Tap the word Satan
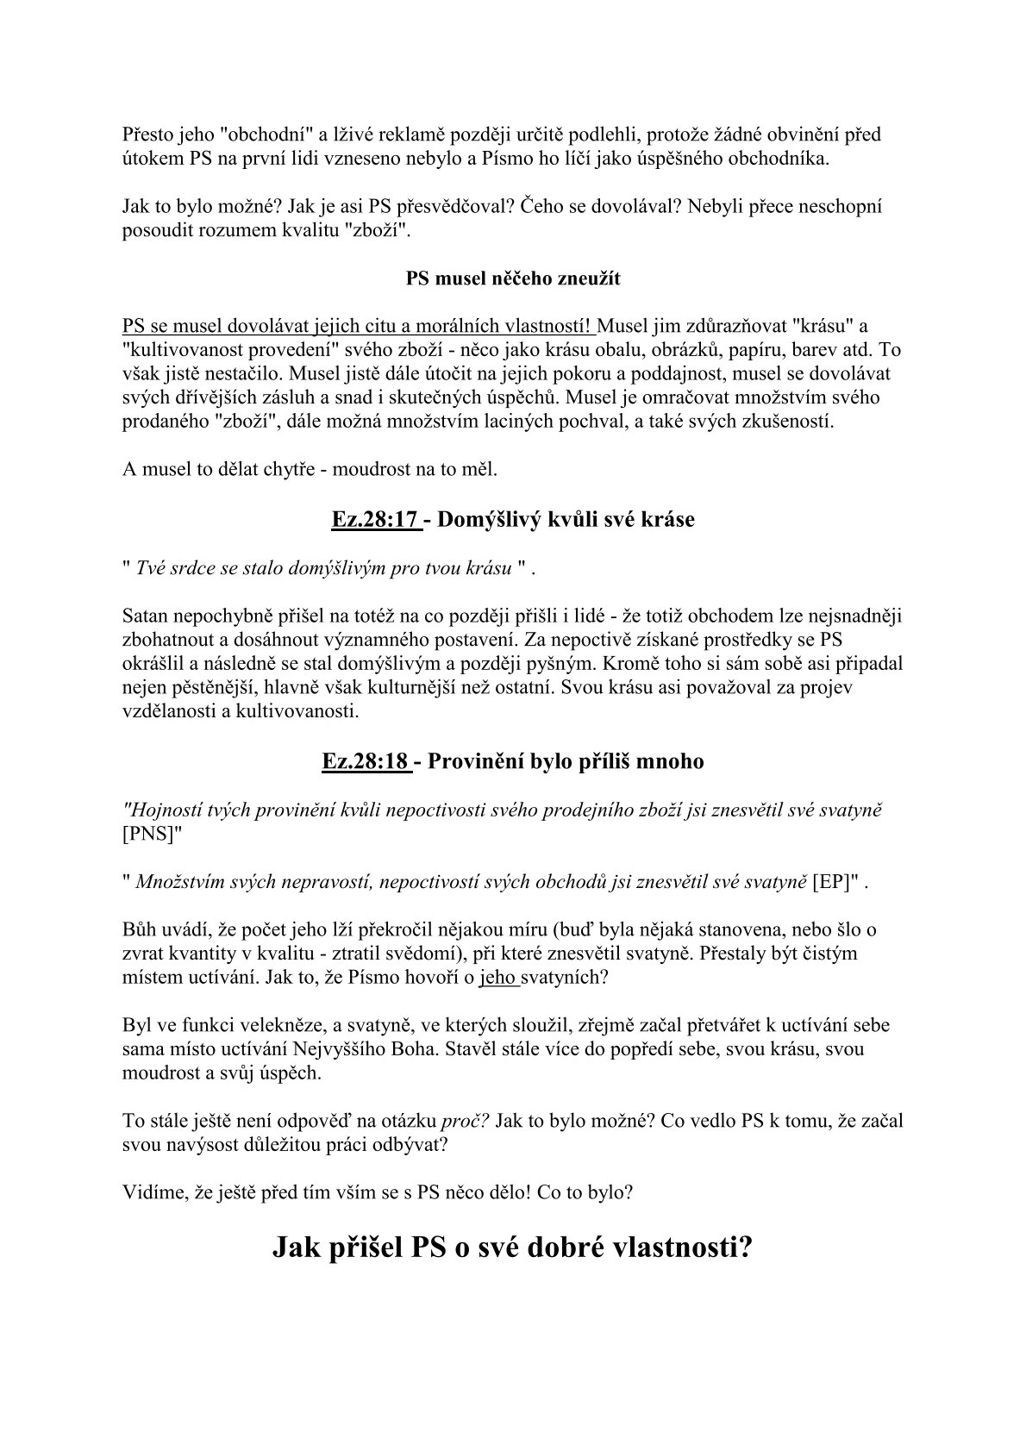[x=145, y=616]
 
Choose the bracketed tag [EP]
[x=835, y=882]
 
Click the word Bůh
[x=141, y=930]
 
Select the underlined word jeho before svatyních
[x=497, y=979]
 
